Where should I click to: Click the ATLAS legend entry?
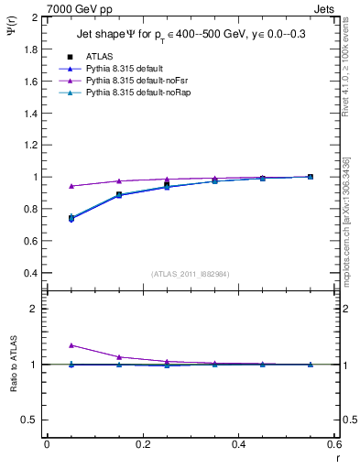(101, 57)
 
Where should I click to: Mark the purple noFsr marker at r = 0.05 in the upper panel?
(71, 186)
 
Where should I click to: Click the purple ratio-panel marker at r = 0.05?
(71, 345)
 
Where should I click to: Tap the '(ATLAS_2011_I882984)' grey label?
(191, 274)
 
